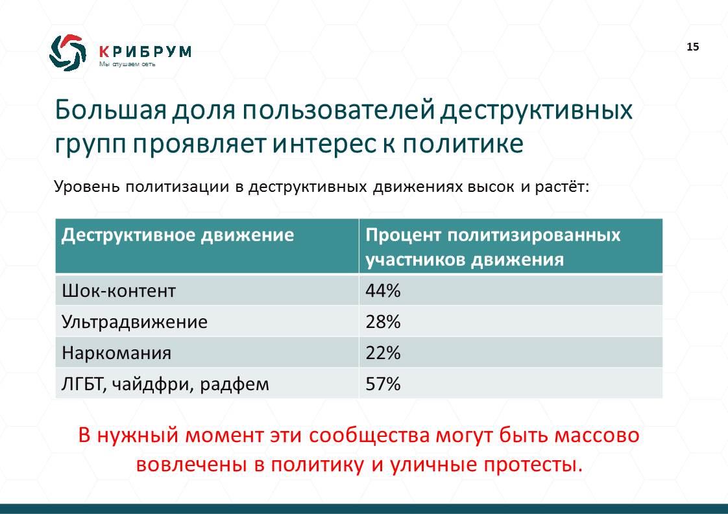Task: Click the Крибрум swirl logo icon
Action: [67, 53]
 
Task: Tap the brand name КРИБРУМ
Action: [145, 51]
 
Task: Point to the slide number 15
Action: [693, 47]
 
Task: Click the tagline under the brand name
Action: [127, 64]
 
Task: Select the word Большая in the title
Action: [110, 110]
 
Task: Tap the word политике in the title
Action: [463, 144]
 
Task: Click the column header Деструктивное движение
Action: [178, 235]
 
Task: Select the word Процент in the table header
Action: [404, 235]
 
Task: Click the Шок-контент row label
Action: [119, 291]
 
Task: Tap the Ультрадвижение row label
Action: [135, 322]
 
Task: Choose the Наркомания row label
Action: [117, 353]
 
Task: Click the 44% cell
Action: [383, 291]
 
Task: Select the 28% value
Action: [383, 322]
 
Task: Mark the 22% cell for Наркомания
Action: [383, 353]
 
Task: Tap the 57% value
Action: [383, 384]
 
